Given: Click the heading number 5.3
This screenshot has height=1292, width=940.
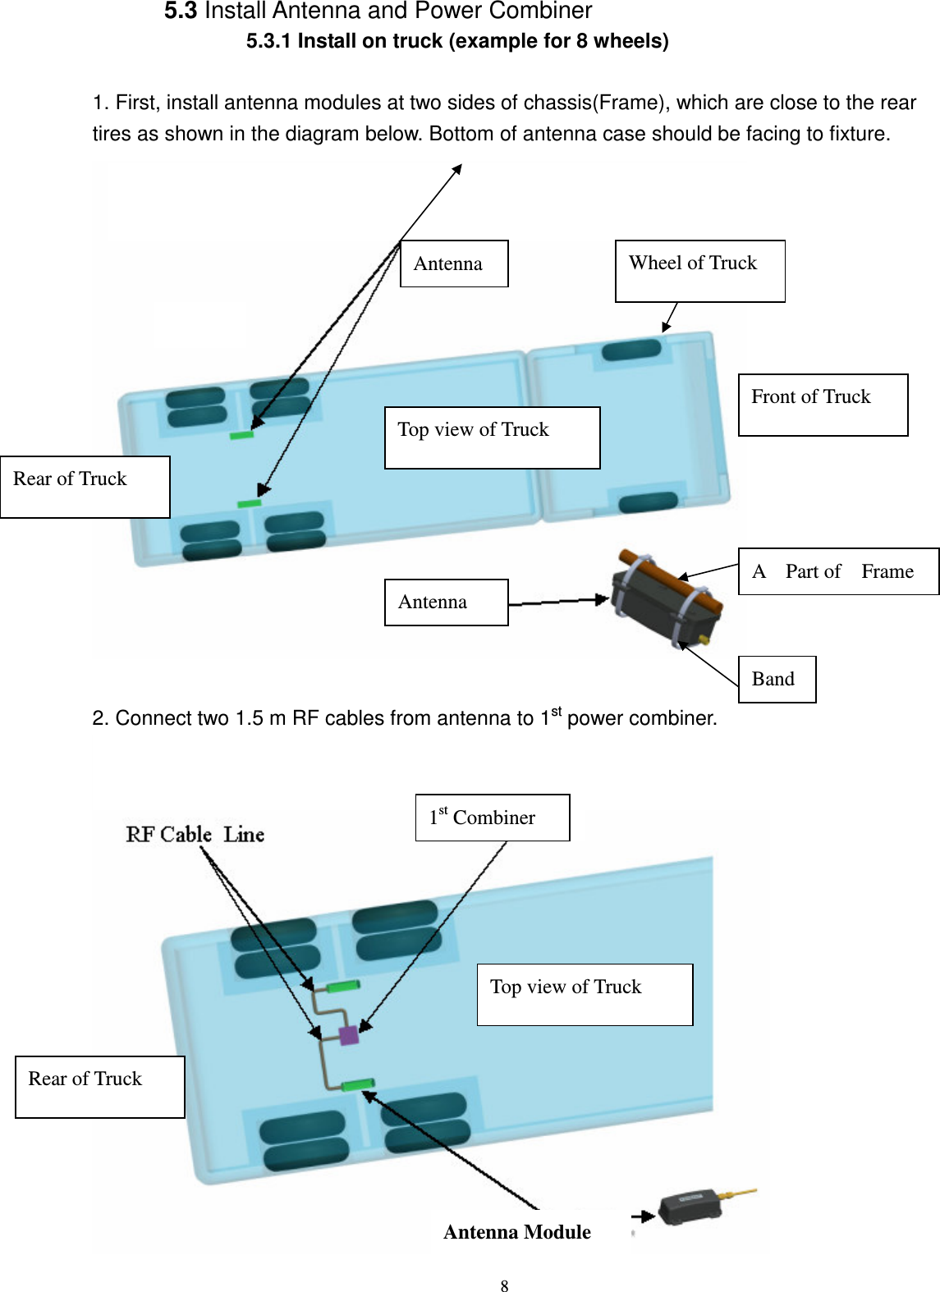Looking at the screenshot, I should click(180, 11).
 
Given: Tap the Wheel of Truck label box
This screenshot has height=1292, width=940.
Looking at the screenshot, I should click(699, 271).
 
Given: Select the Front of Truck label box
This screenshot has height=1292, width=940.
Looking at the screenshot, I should click(823, 405).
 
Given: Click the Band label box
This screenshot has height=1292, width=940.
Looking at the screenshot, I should click(777, 680).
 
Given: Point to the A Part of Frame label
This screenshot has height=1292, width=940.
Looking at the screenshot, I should click(837, 571).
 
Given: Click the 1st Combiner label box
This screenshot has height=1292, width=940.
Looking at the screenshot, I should click(492, 818).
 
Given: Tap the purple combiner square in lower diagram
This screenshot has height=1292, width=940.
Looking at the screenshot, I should click(349, 1034).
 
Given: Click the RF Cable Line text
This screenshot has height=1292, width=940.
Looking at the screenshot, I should click(195, 835).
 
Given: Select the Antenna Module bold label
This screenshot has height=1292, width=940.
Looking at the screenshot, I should click(517, 1232).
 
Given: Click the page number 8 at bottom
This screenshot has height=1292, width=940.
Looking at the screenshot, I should click(504, 1285).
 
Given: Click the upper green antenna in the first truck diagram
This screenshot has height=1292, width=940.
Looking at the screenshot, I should click(241, 435).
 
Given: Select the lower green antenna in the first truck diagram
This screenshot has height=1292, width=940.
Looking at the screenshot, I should click(249, 503).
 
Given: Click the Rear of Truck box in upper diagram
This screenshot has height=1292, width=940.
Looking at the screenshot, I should click(85, 487).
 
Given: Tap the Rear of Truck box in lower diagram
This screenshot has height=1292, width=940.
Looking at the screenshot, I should click(99, 1087).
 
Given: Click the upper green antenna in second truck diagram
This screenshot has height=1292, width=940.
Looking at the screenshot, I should click(343, 986).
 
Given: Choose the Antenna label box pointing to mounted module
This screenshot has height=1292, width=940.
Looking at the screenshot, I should click(446, 602).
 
